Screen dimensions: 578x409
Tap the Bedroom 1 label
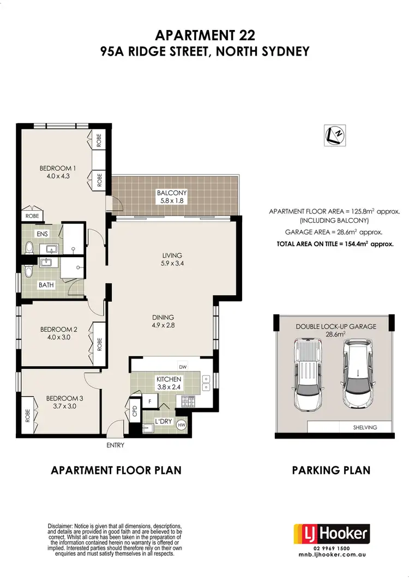click(57, 172)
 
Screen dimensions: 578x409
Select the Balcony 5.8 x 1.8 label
click(172, 197)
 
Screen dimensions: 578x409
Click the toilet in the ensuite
click(29, 248)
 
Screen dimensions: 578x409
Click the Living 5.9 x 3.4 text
click(172, 259)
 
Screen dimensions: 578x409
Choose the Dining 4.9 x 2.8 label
click(163, 321)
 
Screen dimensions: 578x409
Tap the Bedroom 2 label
click(58, 333)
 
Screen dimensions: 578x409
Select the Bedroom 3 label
click(63, 402)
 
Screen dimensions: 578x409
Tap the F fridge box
click(149, 401)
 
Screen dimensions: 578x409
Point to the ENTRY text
click(116, 446)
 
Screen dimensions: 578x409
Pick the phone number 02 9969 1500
click(332, 549)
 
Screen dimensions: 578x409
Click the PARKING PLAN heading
click(331, 470)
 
